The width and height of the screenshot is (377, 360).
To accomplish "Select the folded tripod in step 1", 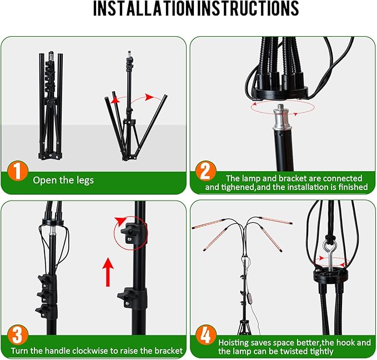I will coord(49,106).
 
